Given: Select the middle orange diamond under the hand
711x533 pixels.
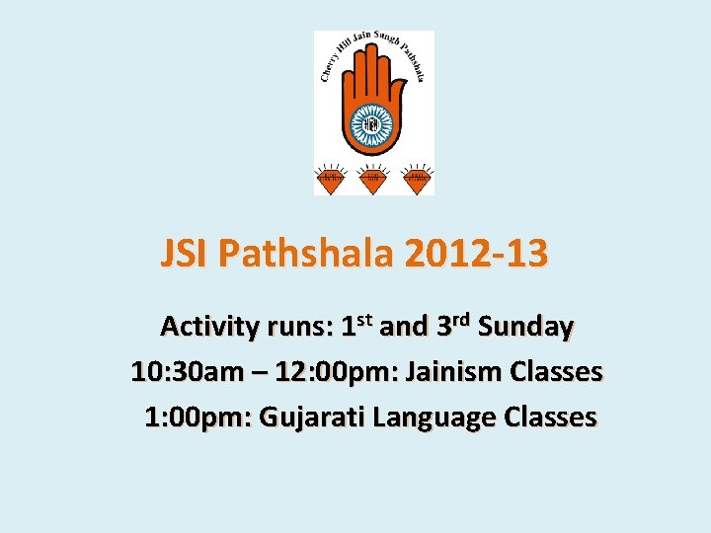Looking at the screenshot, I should coord(373,180).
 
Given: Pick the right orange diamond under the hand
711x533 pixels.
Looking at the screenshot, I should coord(419,180).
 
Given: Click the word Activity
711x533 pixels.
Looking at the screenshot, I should coord(210,326).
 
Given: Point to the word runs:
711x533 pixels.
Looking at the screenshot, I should coord(299,326).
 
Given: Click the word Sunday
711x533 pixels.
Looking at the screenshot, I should coord(525,326).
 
